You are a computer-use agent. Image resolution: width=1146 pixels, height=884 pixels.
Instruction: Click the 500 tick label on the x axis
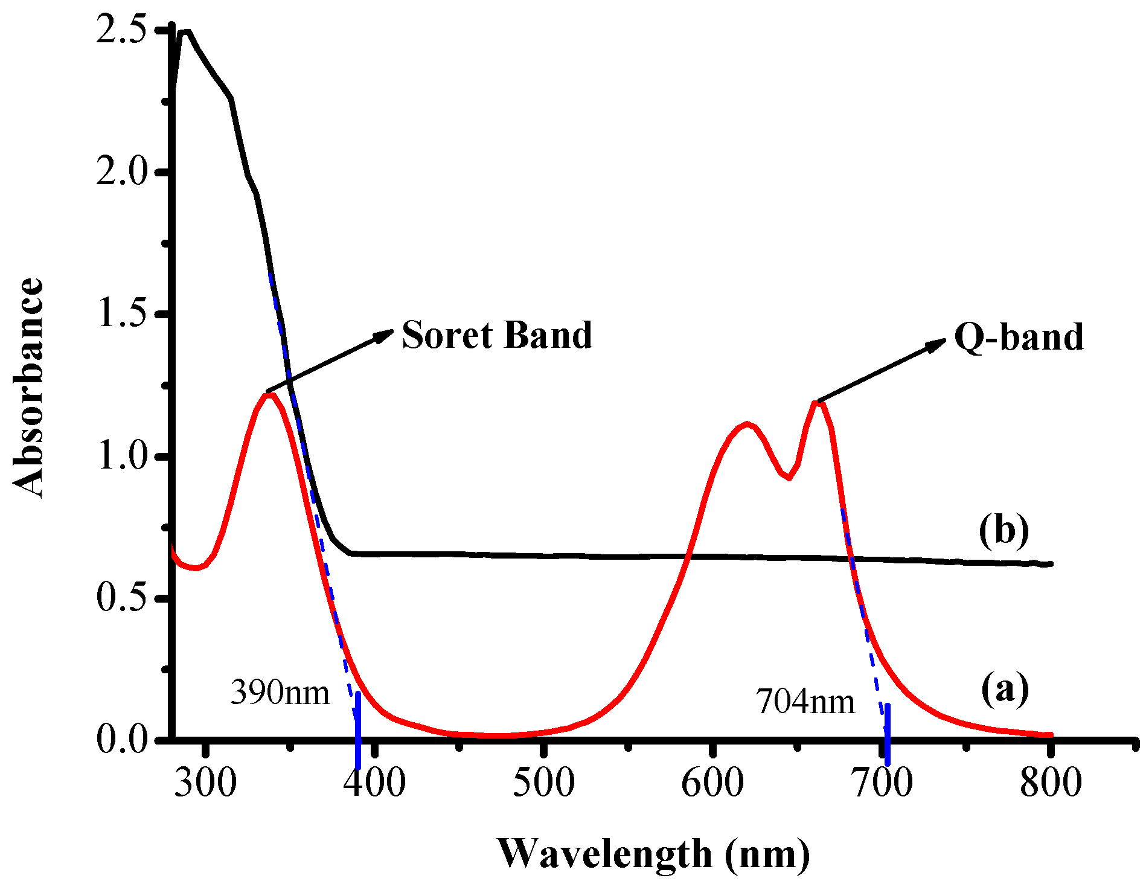[x=544, y=783]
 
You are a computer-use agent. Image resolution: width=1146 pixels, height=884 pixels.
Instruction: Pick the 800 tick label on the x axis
[x=1051, y=783]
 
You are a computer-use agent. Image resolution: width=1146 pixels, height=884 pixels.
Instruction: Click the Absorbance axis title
[x=28, y=388]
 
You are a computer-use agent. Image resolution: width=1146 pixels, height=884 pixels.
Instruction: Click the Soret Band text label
[x=496, y=335]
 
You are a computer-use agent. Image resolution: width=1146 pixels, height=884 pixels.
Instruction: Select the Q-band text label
[x=1019, y=337]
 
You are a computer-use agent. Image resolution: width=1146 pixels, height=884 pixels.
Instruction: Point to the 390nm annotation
[x=280, y=693]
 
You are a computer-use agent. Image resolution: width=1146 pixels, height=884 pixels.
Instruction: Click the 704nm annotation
[x=805, y=702]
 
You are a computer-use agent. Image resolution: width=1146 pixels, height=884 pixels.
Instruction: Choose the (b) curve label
[x=1004, y=531]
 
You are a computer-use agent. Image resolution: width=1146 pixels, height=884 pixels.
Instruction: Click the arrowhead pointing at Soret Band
[x=384, y=335]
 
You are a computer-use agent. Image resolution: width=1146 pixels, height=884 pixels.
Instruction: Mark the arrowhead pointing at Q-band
[x=937, y=344]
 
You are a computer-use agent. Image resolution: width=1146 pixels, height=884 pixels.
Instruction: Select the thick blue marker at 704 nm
[x=887, y=734]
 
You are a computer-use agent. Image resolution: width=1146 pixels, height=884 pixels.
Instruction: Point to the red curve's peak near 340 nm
[x=269, y=395]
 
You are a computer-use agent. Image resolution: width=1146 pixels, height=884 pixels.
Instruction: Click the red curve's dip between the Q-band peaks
[x=789, y=478]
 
